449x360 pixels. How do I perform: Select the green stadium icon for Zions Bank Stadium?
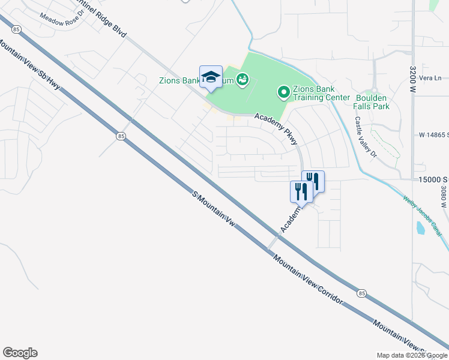click(x=243, y=79)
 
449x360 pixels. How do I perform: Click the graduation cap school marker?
click(x=211, y=76)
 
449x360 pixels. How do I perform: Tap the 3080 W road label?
click(x=442, y=196)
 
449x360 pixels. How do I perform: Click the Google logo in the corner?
click(x=20, y=353)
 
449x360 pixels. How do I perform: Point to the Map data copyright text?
click(x=412, y=355)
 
